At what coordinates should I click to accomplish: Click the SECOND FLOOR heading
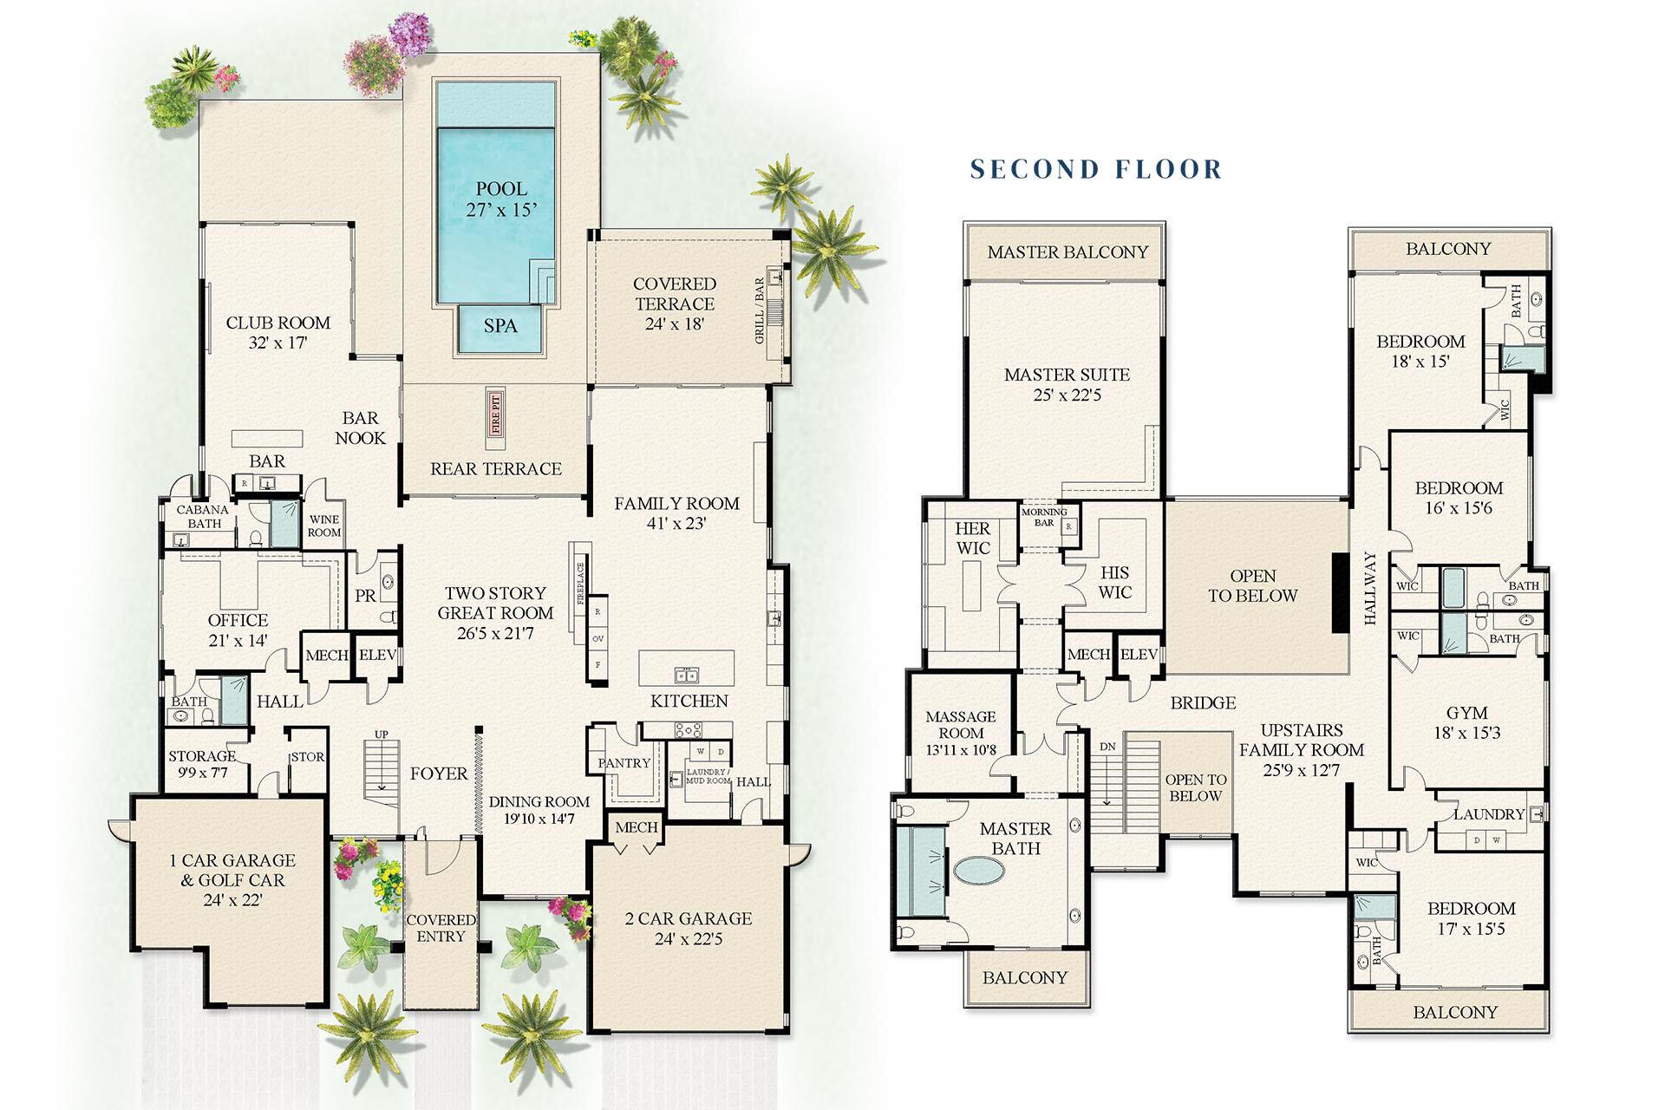coord(1096,168)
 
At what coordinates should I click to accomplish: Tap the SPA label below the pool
coord(500,326)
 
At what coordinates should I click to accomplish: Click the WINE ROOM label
coord(324,526)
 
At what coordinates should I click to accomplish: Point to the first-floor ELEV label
coord(377,656)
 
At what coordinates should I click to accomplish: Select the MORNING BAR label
coord(1044,517)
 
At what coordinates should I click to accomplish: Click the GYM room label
coord(1467,713)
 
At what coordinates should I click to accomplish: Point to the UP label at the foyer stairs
coord(381,735)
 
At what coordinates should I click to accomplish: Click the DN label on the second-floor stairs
coord(1107,747)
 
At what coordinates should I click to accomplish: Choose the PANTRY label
coord(624,763)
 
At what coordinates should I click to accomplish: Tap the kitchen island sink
coord(687,675)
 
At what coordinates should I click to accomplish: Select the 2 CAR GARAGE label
coord(689,918)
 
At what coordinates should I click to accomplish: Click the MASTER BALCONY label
coord(1068,252)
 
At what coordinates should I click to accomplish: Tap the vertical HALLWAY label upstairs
coord(1370,588)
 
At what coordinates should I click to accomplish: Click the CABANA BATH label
coord(203,517)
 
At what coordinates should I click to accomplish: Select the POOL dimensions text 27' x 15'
coord(501,209)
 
